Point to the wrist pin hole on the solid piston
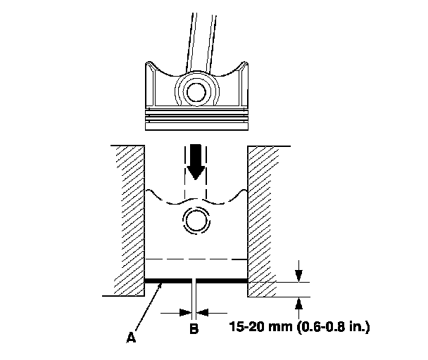(195, 91)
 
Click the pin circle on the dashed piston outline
(195, 221)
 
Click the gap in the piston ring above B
(195, 281)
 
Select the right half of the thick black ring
(222, 281)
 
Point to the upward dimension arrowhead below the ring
(301, 303)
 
